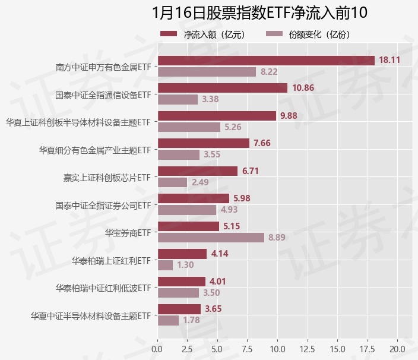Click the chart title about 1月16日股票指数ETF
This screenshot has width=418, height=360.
pyautogui.click(x=260, y=12)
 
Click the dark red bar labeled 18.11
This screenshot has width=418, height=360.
pyautogui.click(x=266, y=61)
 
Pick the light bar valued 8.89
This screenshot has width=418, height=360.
pyautogui.click(x=211, y=238)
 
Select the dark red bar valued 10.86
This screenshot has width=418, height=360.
pyautogui.click(x=222, y=88)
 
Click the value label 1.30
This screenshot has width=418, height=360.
pyautogui.click(x=185, y=265)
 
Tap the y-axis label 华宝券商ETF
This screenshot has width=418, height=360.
pyautogui.click(x=128, y=232)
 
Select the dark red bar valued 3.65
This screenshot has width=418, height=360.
pyautogui.click(x=179, y=309)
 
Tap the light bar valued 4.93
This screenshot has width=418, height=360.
pyautogui.click(x=187, y=210)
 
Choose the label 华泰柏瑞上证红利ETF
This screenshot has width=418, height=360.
pyautogui.click(x=111, y=260)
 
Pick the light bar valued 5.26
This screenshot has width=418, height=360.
pyautogui.click(x=189, y=127)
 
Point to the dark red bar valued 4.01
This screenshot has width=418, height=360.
pyautogui.click(x=181, y=281)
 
